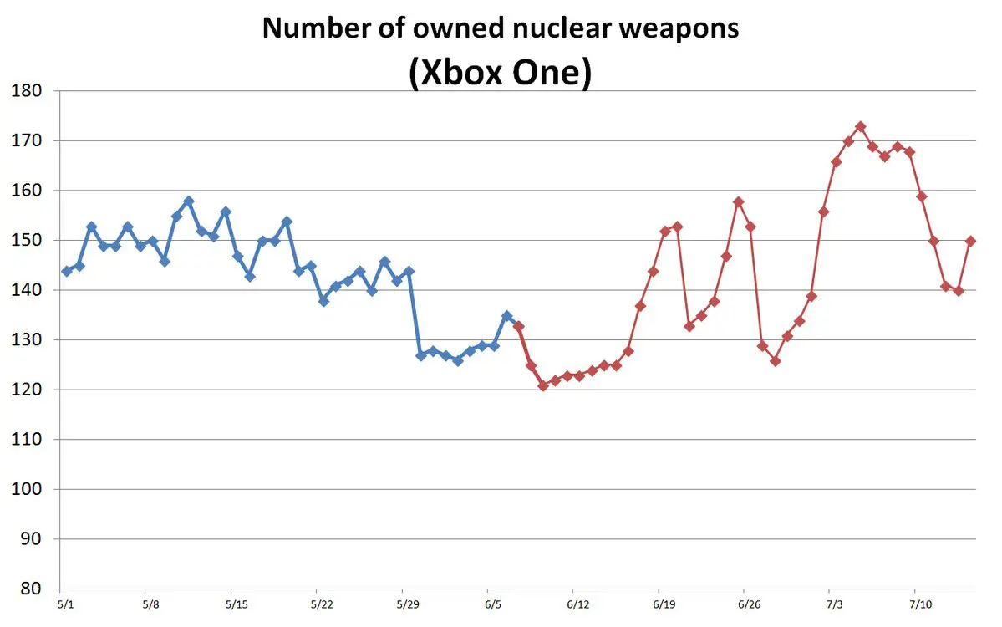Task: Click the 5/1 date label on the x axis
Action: pos(65,603)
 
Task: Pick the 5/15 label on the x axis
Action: pos(236,603)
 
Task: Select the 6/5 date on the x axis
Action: pos(492,603)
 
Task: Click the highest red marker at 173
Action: pos(861,126)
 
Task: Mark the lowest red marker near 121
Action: pos(543,385)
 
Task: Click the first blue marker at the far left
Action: pos(66,271)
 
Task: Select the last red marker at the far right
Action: pos(971,241)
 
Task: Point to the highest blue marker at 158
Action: pos(188,201)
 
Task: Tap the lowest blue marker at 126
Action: pos(457,360)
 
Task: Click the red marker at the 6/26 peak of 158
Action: pos(739,201)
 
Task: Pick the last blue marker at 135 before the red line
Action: pos(506,316)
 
